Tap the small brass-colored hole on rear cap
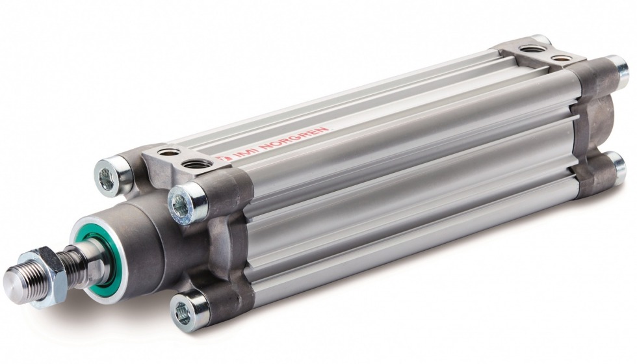click(558, 59)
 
